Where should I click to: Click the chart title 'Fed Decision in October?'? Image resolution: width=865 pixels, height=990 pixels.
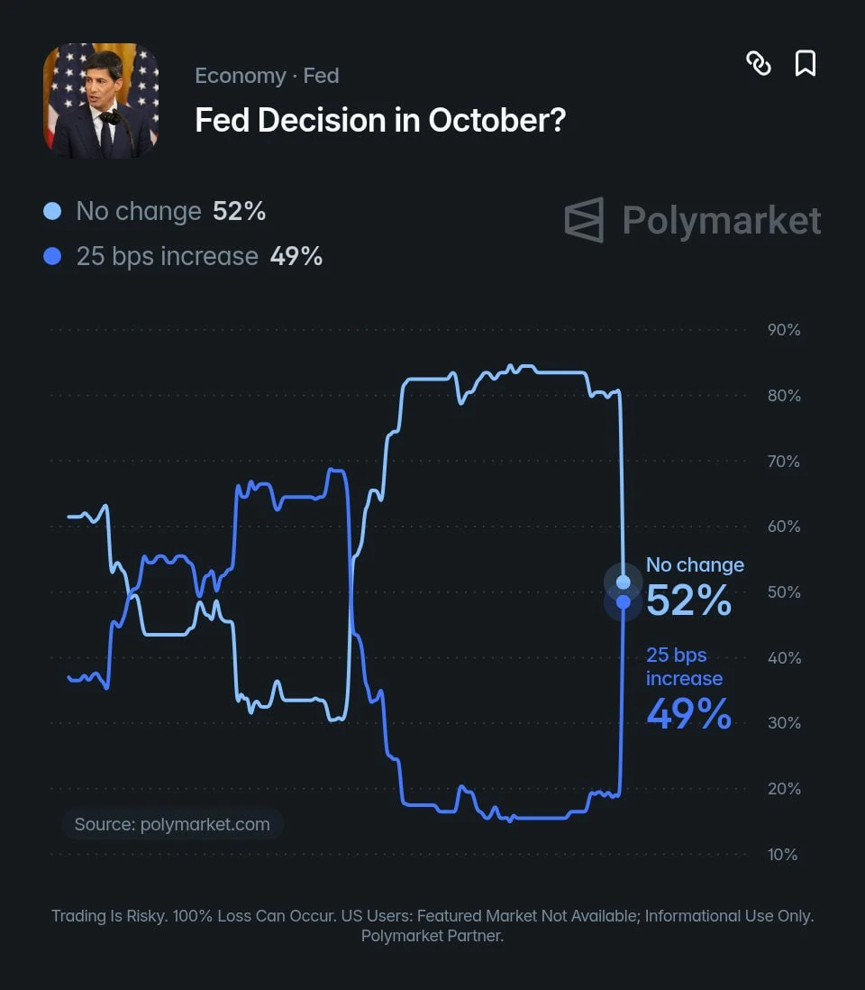point(380,120)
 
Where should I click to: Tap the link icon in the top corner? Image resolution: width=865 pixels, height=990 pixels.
point(759,63)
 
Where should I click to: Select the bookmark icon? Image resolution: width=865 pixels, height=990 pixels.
point(805,63)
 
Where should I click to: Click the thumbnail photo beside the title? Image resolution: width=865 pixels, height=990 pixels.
point(100,100)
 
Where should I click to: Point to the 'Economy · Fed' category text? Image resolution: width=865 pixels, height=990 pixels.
point(267,76)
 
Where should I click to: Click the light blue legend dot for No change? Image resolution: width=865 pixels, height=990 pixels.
point(52,211)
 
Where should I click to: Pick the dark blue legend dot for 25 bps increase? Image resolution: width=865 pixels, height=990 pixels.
point(52,256)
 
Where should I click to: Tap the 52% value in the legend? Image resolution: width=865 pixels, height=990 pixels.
point(239,212)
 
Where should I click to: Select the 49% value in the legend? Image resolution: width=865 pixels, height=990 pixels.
point(296,257)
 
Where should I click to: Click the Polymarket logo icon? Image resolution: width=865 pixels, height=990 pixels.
point(584,220)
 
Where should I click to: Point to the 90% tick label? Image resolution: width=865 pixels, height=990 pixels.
point(784,330)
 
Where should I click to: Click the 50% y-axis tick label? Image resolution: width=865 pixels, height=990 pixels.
point(784,592)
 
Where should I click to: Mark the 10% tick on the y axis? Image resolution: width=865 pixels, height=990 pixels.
point(782,855)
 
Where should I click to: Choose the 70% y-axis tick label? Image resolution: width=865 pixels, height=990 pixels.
point(784,462)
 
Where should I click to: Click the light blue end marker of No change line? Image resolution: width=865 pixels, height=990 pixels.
point(624,582)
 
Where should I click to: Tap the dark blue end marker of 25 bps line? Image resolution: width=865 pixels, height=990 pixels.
point(624,602)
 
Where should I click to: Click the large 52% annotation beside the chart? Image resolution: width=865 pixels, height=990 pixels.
point(689,600)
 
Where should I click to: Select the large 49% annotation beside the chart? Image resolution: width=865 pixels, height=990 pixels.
point(689,714)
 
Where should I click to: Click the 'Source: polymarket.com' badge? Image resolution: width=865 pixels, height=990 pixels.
point(172,824)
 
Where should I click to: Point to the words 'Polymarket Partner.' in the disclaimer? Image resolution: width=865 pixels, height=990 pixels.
point(432,936)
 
